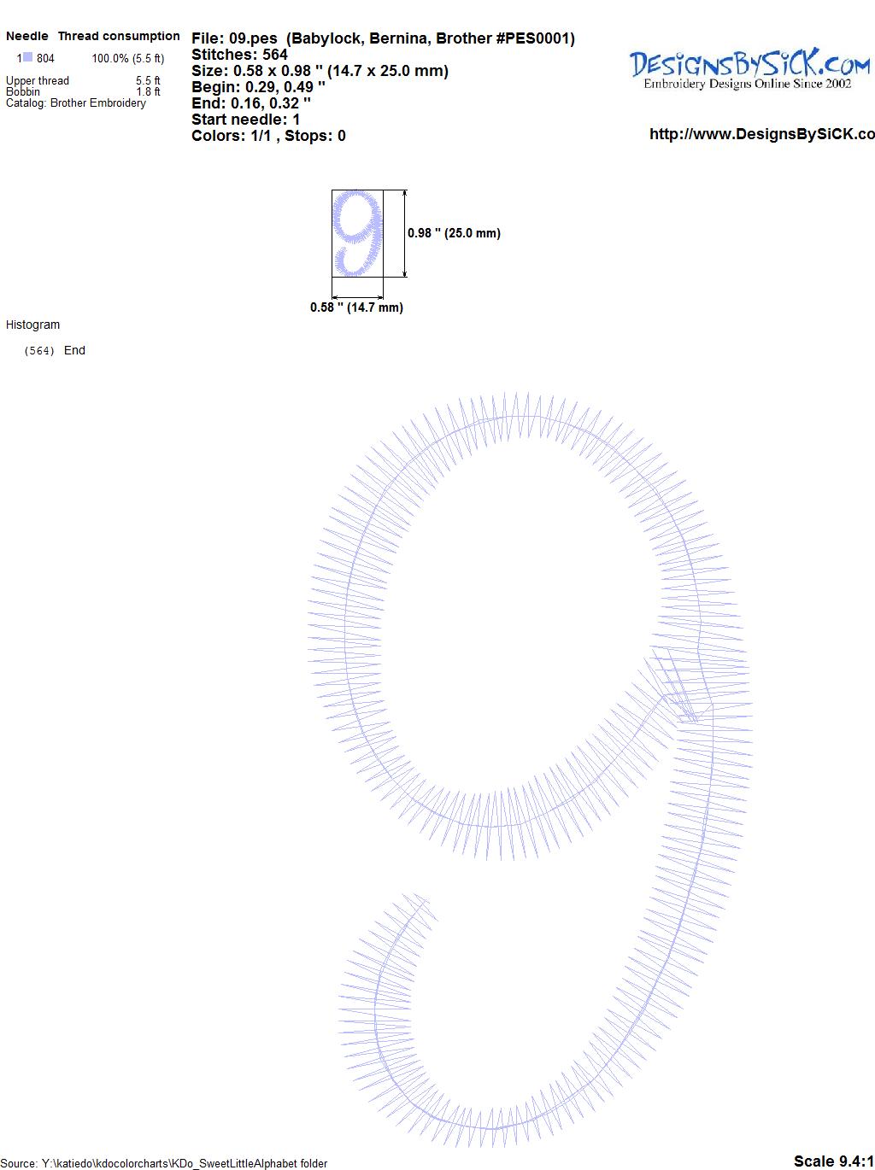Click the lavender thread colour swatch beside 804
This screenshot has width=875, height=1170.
[x=27, y=57]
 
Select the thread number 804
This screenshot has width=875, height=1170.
[x=45, y=58]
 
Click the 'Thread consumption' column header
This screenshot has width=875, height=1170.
[x=119, y=36]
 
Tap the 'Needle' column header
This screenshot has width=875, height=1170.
[x=27, y=36]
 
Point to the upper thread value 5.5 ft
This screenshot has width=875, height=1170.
[x=148, y=80]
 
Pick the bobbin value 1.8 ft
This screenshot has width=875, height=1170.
[x=148, y=91]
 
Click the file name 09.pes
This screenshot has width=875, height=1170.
[x=253, y=38]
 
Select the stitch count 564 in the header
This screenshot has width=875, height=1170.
[x=274, y=55]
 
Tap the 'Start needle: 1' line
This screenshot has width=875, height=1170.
[x=245, y=120]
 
